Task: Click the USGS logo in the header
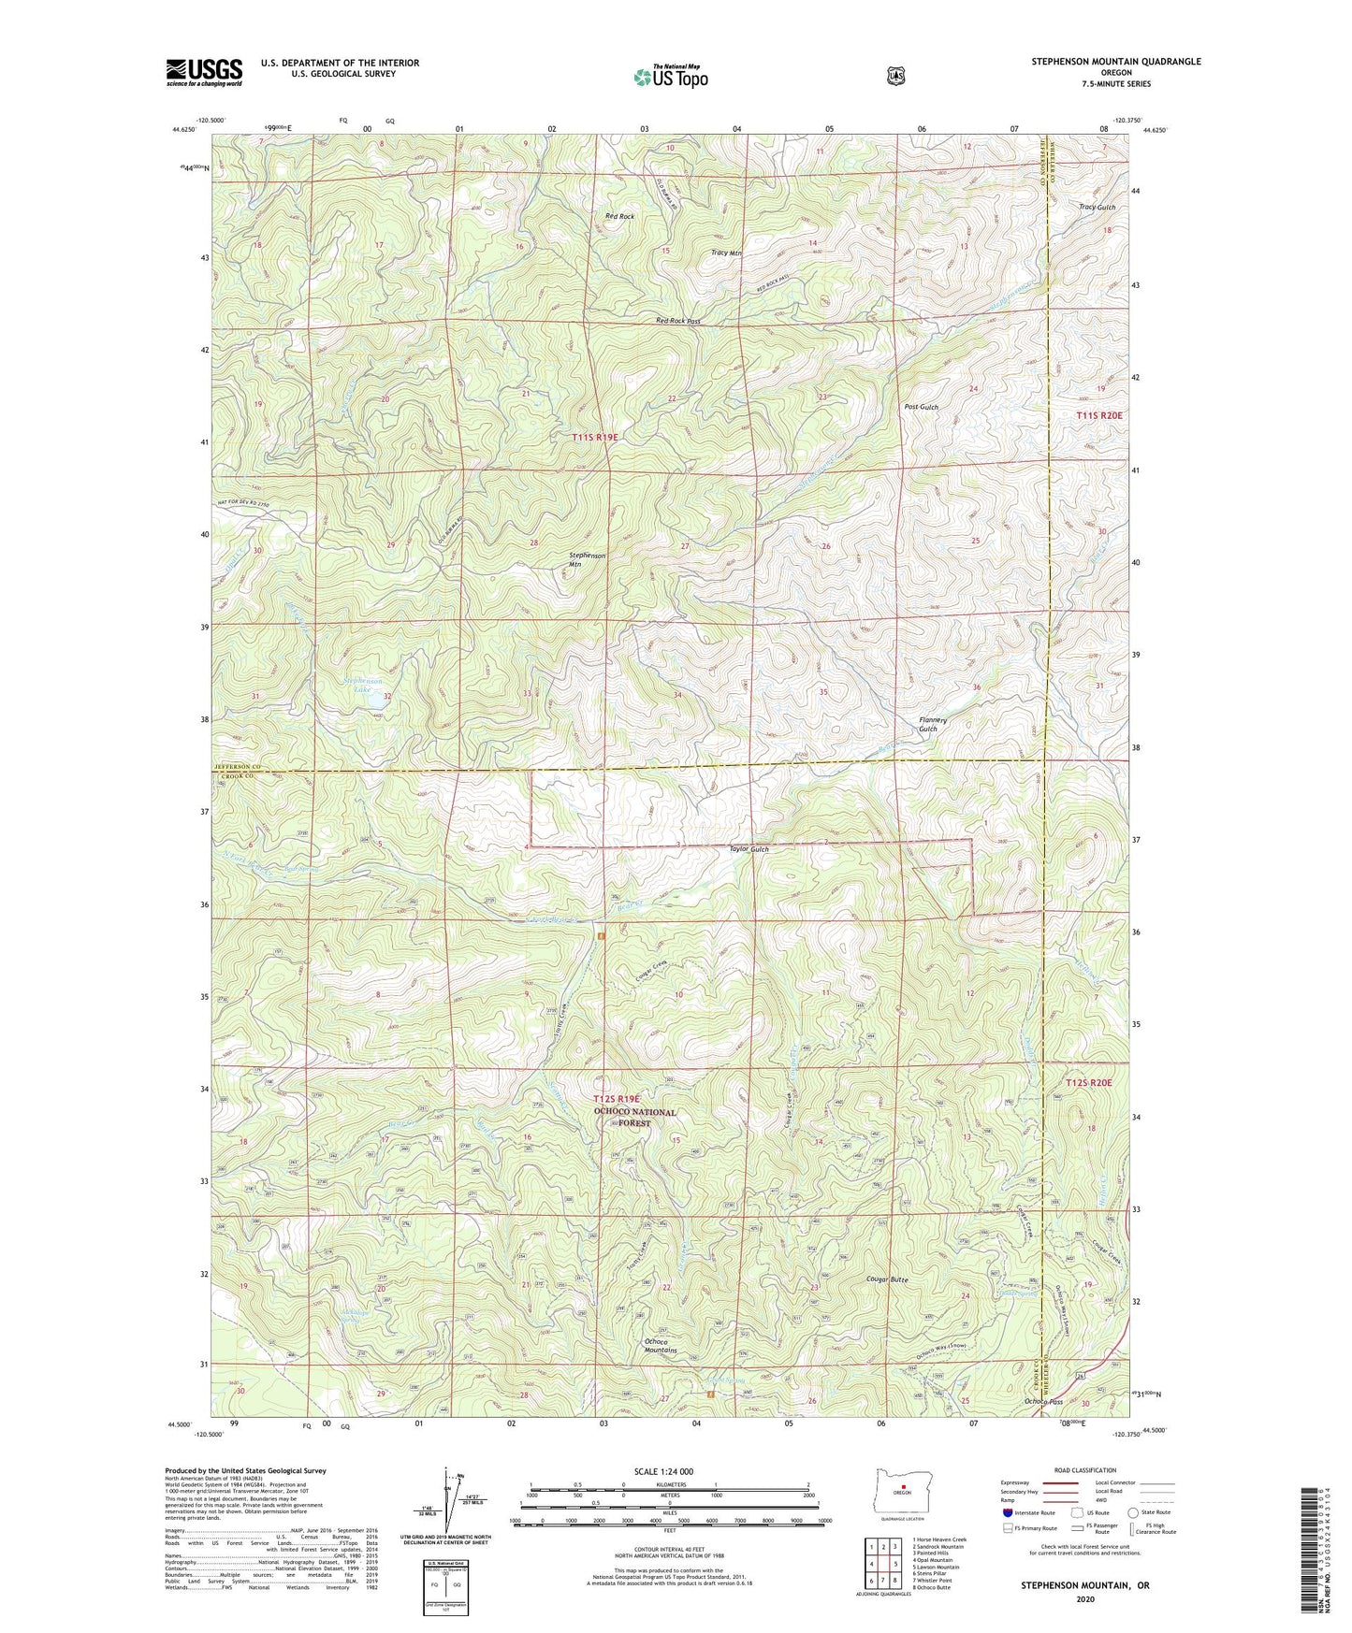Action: [204, 72]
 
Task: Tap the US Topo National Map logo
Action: [669, 77]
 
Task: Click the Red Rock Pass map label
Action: [677, 321]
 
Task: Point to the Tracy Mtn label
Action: [726, 253]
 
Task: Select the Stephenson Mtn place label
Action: [588, 559]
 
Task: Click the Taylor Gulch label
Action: [749, 849]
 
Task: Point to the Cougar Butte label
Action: [887, 1279]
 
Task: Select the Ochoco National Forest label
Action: [634, 1118]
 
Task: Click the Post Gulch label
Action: [921, 407]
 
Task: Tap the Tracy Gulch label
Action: [1097, 207]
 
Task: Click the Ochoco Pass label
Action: [1043, 1401]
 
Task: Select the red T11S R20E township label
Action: [1102, 414]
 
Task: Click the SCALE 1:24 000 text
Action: [663, 1471]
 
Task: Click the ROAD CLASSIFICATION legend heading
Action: [1084, 1470]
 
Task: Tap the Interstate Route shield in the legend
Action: [1007, 1512]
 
